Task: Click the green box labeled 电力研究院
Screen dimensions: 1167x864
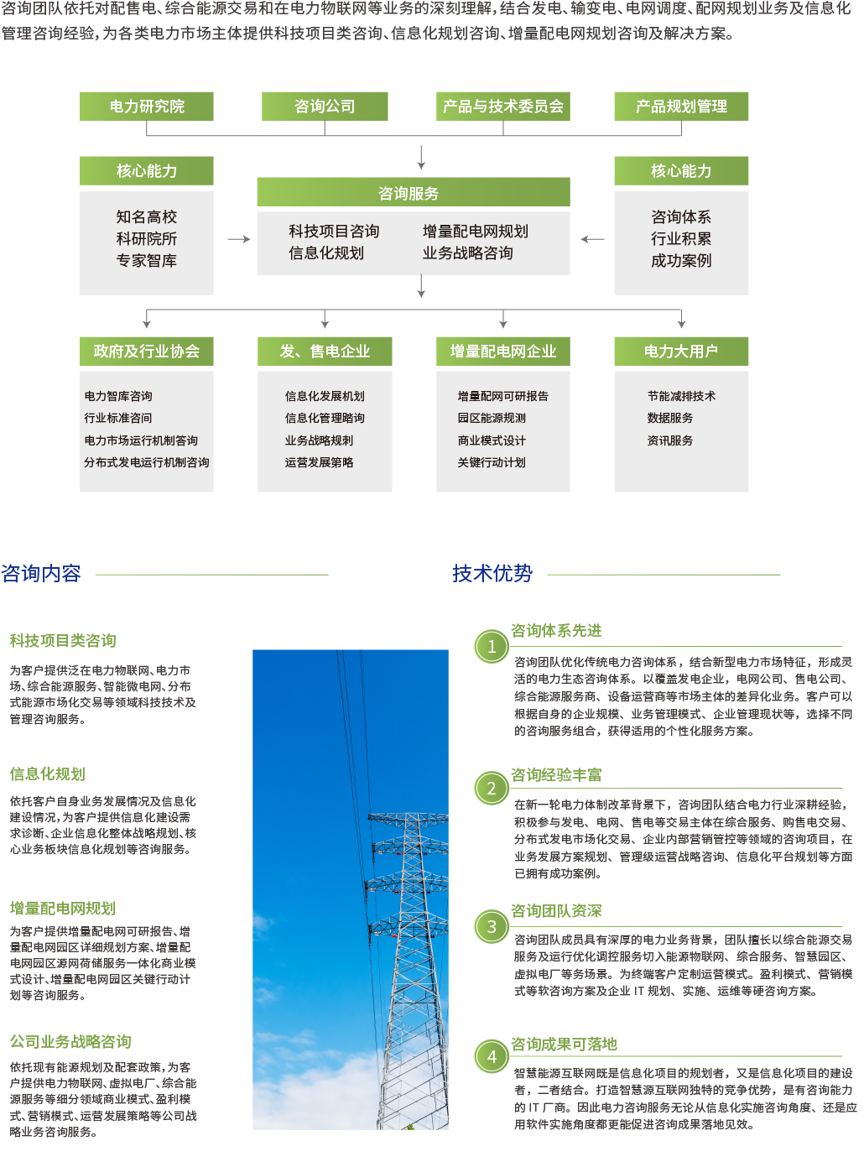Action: pos(147,107)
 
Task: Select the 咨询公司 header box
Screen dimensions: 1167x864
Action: pos(325,107)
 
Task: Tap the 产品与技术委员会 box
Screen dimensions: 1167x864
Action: pos(503,107)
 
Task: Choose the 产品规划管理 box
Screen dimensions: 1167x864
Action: pos(681,107)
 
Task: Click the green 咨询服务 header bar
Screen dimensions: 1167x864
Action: pos(413,193)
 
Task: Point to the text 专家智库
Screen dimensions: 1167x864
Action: pos(147,261)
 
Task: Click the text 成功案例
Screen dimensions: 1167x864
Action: pos(681,261)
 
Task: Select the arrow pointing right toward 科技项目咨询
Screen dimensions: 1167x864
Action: pos(239,239)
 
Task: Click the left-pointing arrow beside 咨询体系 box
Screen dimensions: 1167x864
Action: pos(592,239)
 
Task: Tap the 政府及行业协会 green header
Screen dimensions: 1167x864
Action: pos(147,352)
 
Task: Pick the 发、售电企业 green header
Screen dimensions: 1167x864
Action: pos(325,352)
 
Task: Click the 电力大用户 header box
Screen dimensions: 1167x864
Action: pos(681,352)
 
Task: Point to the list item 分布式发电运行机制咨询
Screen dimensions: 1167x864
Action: pos(147,462)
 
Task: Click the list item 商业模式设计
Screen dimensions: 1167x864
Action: pos(492,440)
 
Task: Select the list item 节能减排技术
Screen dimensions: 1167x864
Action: pos(681,396)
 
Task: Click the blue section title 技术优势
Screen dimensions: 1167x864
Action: pos(492,574)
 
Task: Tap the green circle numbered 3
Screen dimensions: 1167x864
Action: pos(492,927)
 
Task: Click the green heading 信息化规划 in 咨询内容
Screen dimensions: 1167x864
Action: pos(48,774)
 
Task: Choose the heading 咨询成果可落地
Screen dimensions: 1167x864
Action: pos(564,1044)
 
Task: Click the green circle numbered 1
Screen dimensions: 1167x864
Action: pos(492,647)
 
